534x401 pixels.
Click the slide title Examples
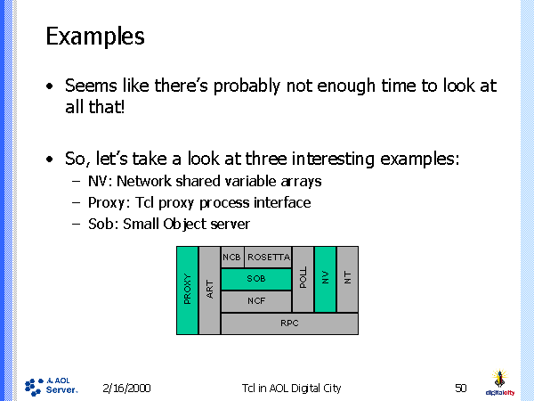[x=94, y=37]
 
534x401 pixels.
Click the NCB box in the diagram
[x=232, y=257]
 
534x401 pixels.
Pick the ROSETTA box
[x=268, y=257]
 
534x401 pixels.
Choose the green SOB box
[x=256, y=279]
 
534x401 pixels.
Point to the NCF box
[x=256, y=301]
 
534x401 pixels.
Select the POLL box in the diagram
[x=303, y=278]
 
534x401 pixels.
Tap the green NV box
[x=326, y=278]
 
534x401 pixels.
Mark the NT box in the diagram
[x=348, y=278]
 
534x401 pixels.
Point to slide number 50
[x=460, y=388]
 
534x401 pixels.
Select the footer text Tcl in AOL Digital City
[x=291, y=388]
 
